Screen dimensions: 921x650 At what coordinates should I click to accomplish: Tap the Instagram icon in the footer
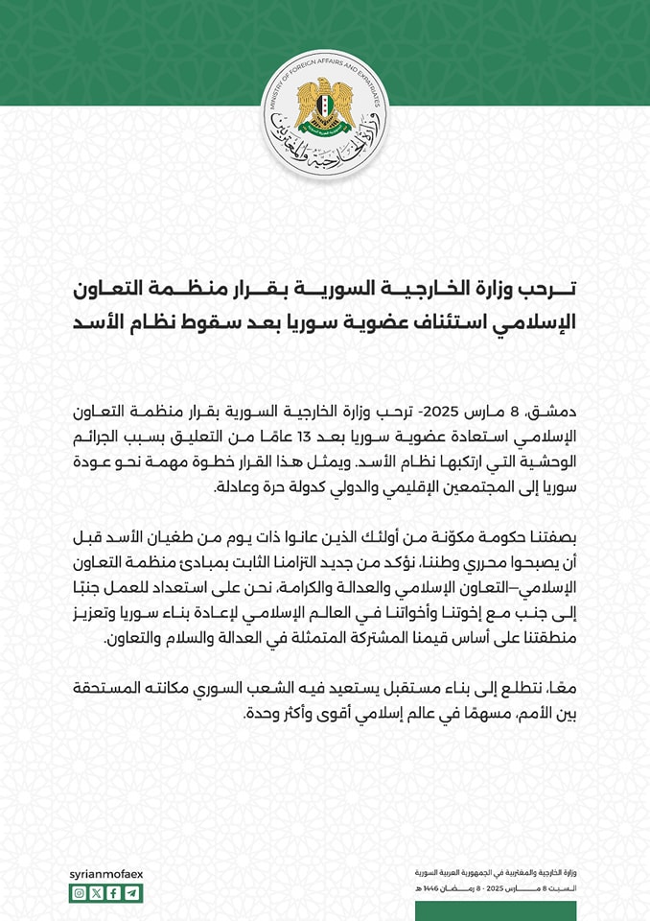click(80, 893)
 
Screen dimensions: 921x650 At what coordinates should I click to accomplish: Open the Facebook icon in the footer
click(115, 893)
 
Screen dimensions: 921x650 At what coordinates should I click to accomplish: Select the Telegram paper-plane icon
click(132, 893)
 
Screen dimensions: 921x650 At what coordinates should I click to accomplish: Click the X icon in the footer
click(97, 893)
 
